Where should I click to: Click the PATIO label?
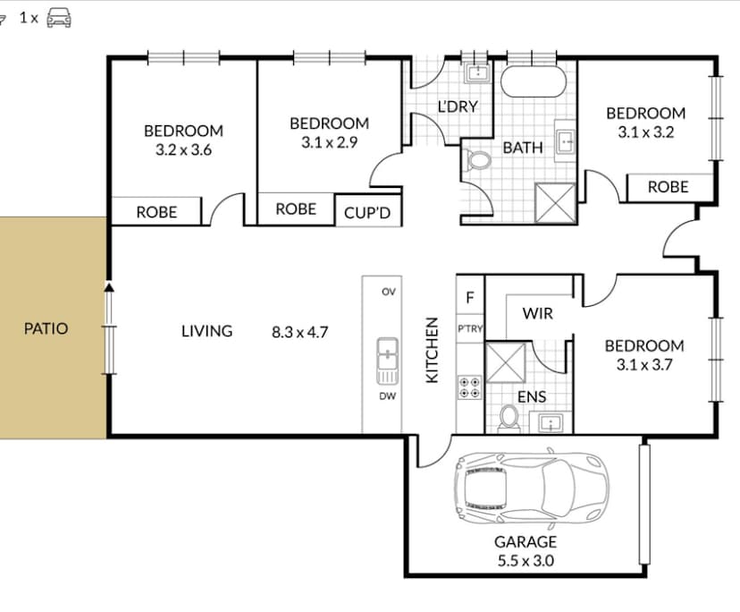click(46, 328)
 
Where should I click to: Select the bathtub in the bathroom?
click(533, 83)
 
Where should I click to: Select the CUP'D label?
click(367, 214)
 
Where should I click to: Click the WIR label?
click(537, 313)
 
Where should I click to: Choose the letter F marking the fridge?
click(470, 297)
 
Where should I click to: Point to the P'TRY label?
click(470, 328)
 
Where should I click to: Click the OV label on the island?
click(389, 292)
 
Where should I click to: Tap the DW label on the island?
click(389, 396)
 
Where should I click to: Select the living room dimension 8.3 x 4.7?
click(300, 332)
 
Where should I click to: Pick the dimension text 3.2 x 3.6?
click(183, 150)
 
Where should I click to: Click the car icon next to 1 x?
click(59, 16)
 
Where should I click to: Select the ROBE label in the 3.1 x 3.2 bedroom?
click(668, 187)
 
